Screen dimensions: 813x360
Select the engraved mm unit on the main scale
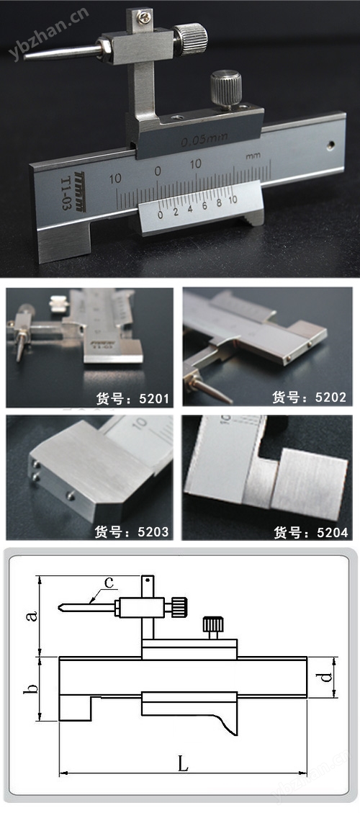coord(253,156)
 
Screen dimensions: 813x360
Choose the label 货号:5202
coord(309,397)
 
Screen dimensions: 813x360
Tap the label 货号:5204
coord(311,532)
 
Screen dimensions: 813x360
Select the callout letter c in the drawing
coord(109,583)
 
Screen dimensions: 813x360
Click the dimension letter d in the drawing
coord(326,678)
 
